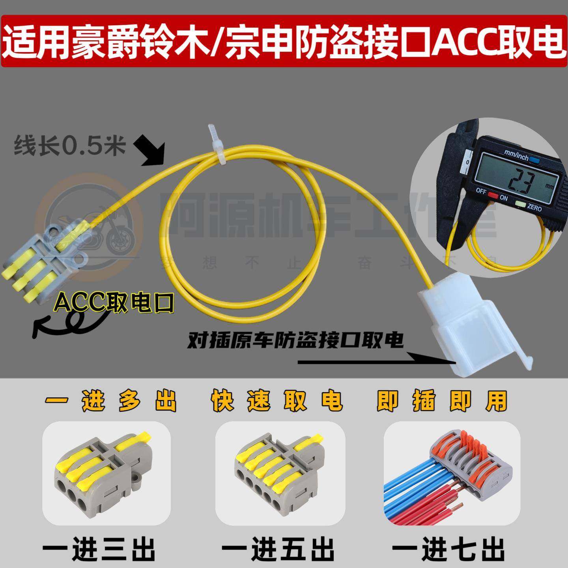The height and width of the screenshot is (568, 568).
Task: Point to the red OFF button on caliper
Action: pyautogui.click(x=493, y=194)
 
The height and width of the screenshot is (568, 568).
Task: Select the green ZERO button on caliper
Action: pyautogui.click(x=520, y=204)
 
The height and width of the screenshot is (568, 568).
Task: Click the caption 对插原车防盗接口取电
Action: pyautogui.click(x=296, y=340)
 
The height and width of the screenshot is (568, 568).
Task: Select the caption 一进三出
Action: pyautogui.click(x=99, y=548)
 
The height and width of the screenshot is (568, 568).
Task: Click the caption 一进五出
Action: pyautogui.click(x=278, y=548)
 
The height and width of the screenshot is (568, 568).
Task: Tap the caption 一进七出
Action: pyautogui.click(x=448, y=548)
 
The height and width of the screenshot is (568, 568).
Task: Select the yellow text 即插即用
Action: pyautogui.click(x=441, y=402)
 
